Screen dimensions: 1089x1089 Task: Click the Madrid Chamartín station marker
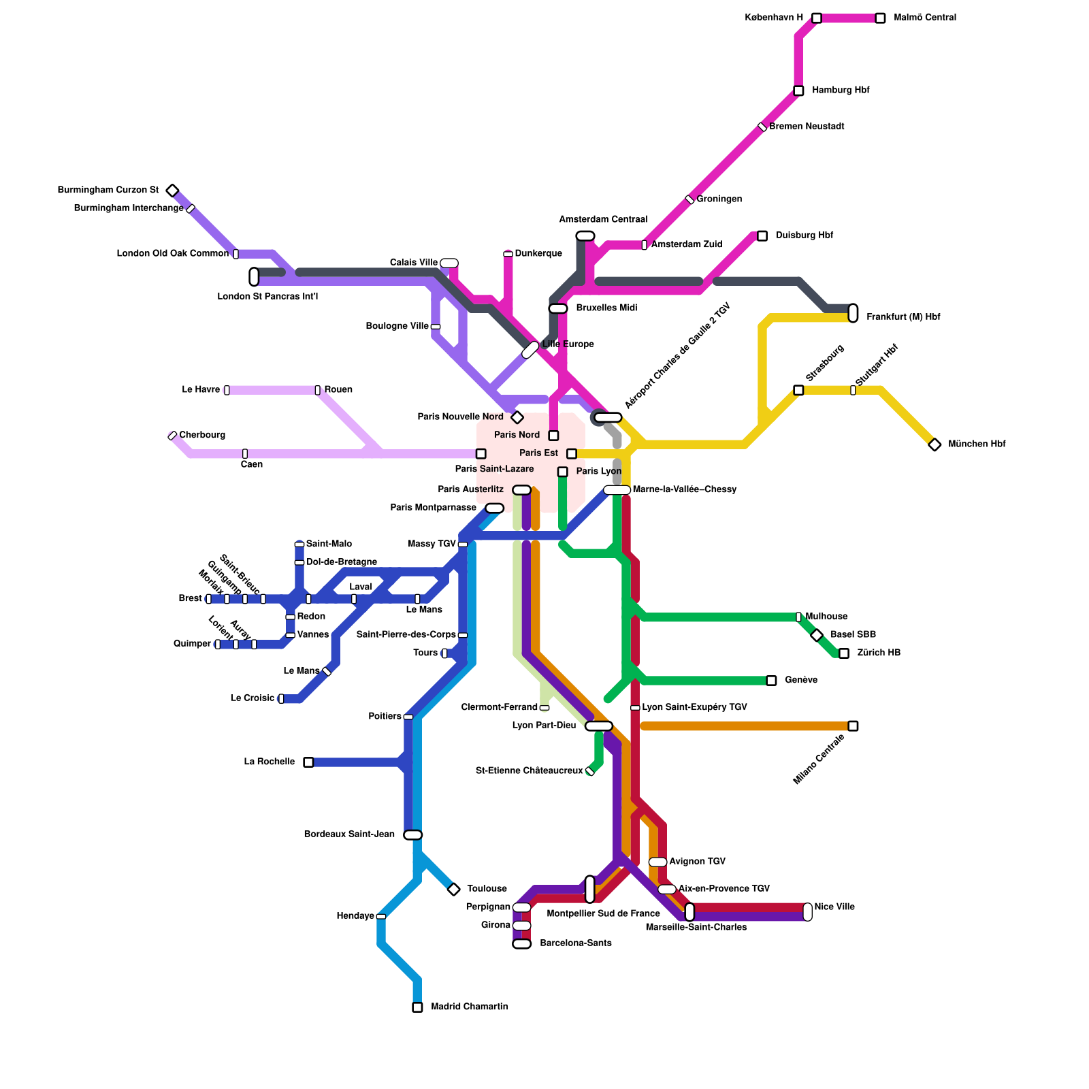click(x=417, y=1007)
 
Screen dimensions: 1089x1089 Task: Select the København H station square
click(x=817, y=18)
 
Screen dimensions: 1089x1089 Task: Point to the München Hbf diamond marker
click(x=934, y=444)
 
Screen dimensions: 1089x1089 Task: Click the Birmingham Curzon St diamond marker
click(x=173, y=191)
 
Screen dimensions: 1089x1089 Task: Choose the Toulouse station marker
click(x=454, y=889)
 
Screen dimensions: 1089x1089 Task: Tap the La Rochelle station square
click(x=308, y=762)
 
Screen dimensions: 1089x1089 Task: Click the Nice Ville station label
click(x=834, y=907)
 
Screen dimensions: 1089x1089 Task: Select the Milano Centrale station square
click(x=853, y=726)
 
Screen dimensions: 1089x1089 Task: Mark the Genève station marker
click(x=771, y=681)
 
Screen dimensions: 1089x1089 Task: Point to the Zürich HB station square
click(x=844, y=653)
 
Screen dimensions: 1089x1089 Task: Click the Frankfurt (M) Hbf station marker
click(x=853, y=313)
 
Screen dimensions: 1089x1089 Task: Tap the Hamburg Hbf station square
click(x=798, y=91)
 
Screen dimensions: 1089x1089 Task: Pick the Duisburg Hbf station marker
click(x=762, y=236)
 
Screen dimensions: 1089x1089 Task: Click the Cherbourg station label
click(x=202, y=435)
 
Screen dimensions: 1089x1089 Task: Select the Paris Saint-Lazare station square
click(x=481, y=454)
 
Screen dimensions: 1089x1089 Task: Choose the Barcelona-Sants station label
click(x=576, y=943)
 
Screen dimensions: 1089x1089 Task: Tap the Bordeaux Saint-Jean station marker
click(x=413, y=835)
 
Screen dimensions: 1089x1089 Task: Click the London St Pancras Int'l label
click(x=267, y=297)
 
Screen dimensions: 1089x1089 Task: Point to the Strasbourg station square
click(x=798, y=390)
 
